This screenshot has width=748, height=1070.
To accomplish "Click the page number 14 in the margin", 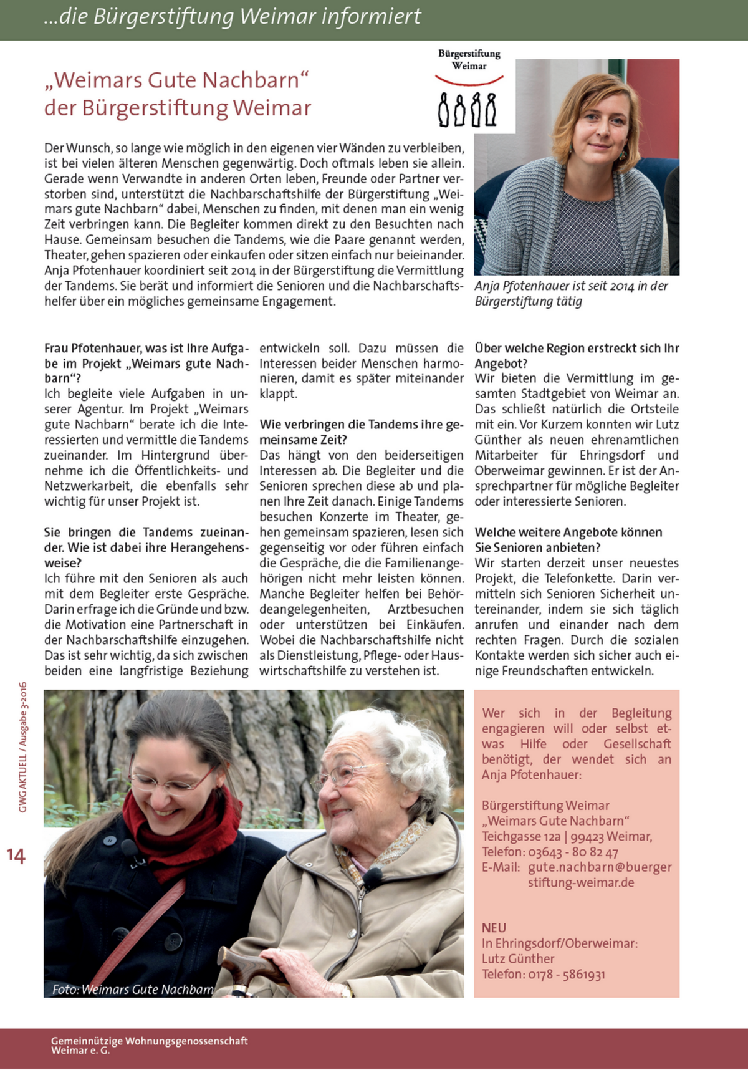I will pyautogui.click(x=16, y=856).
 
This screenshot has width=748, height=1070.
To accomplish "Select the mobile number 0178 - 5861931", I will pyautogui.click(x=567, y=974).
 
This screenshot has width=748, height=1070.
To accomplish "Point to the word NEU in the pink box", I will pyautogui.click(x=494, y=928).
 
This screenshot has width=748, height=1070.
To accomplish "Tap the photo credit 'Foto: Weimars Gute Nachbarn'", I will pyautogui.click(x=133, y=989).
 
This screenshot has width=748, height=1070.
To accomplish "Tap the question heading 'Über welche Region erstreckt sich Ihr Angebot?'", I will pyautogui.click(x=577, y=355).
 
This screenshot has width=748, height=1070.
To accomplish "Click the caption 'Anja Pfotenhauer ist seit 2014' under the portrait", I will pyautogui.click(x=571, y=286).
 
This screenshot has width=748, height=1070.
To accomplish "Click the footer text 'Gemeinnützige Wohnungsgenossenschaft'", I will pyautogui.click(x=149, y=1041).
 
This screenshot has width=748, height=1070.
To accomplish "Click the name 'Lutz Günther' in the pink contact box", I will pyautogui.click(x=517, y=958).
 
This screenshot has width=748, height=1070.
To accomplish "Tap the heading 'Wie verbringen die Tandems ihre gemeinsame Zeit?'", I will pyautogui.click(x=362, y=431).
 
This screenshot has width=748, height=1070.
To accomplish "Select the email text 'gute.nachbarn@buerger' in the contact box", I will pyautogui.click(x=600, y=867).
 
